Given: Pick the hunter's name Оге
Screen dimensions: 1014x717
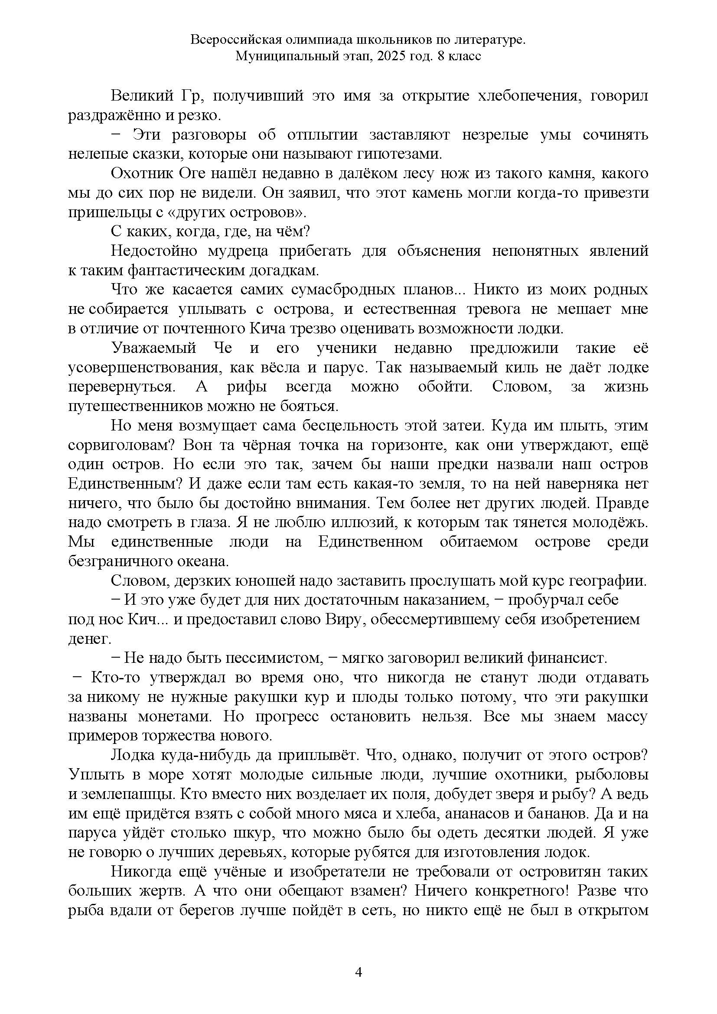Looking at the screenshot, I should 192,173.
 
